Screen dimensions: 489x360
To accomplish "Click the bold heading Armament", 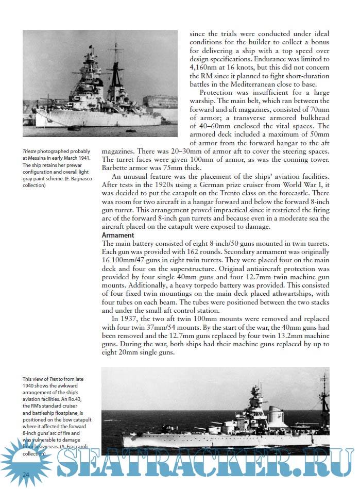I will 118,235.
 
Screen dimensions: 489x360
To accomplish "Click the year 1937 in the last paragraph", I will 130,318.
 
